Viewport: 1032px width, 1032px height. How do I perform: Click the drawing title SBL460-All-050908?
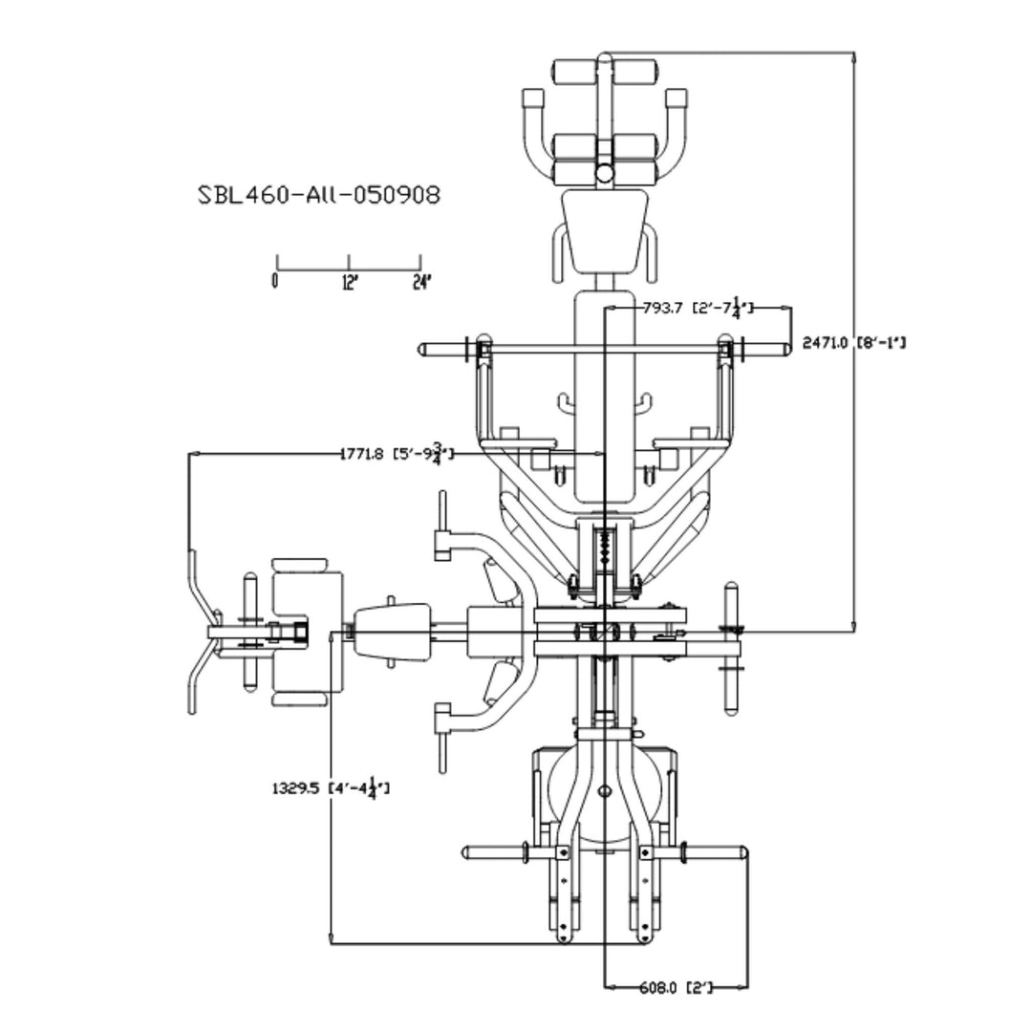319,195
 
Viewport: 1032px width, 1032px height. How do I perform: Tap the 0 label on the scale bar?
275,281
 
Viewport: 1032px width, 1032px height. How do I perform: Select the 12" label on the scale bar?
349,281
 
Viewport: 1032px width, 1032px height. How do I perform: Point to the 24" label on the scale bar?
421,281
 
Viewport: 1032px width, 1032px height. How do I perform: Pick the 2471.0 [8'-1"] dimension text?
853,342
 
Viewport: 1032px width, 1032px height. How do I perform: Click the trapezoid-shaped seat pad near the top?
605,227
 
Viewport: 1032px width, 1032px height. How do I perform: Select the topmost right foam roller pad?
634,72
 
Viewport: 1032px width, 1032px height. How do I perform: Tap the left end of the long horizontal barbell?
422,351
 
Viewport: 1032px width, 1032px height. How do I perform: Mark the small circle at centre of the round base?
605,791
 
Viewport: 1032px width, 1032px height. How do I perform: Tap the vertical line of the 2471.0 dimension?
853,478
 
